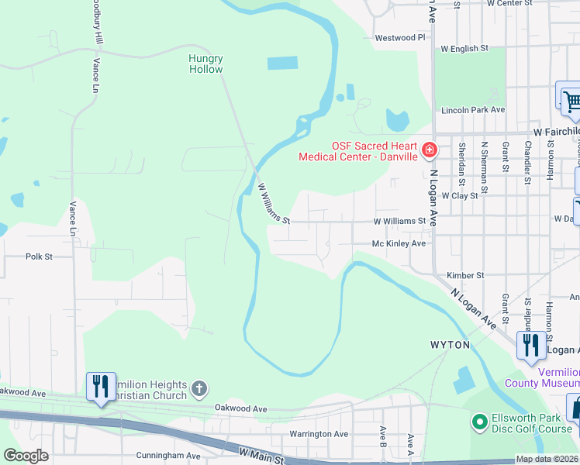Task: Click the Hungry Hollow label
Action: click(205, 64)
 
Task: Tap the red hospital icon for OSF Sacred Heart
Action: click(429, 149)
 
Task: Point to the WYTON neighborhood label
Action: click(450, 344)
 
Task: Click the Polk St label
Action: click(39, 256)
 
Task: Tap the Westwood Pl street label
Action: click(400, 37)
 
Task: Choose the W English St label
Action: click(464, 48)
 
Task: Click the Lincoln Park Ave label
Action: click(473, 110)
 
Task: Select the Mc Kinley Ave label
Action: click(399, 243)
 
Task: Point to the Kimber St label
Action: click(465, 275)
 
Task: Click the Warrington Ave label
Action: click(319, 434)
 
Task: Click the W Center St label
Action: click(510, 3)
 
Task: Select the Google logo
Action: click(26, 456)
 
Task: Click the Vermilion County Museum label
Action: click(541, 377)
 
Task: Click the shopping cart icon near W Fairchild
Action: click(571, 101)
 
